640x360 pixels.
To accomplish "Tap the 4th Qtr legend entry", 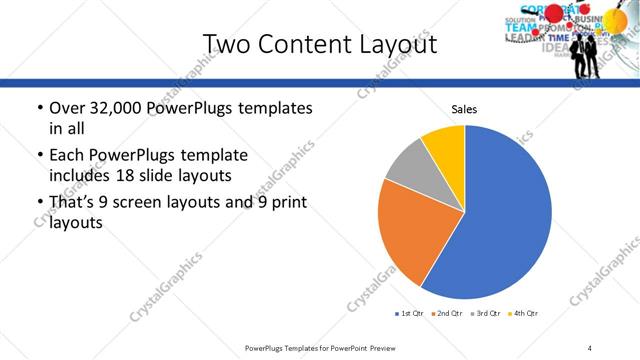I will pos(522,314).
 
